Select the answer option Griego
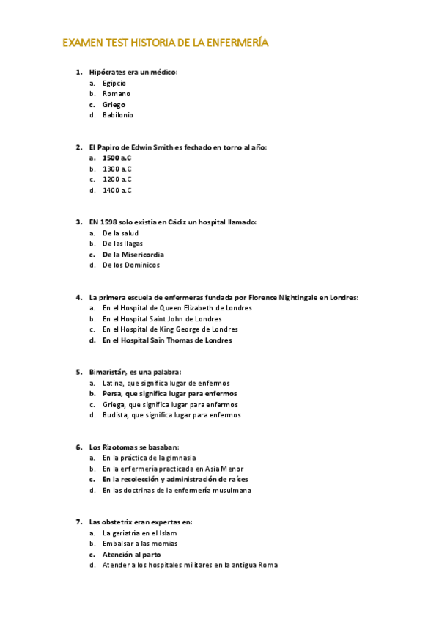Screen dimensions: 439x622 tap(114, 105)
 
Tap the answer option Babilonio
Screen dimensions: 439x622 tap(117, 115)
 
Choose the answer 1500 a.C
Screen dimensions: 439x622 tap(117, 158)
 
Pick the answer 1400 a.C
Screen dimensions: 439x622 tap(117, 191)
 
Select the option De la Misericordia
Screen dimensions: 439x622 tap(133, 255)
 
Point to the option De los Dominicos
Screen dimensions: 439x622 tap(130, 266)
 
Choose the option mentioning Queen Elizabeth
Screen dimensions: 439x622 tap(177, 308)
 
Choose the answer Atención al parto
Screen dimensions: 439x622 tap(132, 555)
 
